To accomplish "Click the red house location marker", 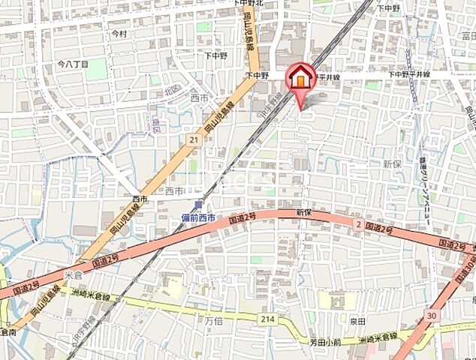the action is point(300,78).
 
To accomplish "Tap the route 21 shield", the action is point(194,139).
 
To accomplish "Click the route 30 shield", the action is point(432,316).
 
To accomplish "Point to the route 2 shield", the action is point(358,224).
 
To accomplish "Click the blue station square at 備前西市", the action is point(198,205).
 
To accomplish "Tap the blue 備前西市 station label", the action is point(198,217).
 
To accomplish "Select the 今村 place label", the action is point(119,34).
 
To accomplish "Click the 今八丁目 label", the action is point(73,64).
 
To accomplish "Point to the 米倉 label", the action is point(72,274).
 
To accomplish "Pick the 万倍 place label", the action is point(215,320).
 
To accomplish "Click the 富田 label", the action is point(467,35).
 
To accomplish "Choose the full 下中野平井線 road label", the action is point(408,74).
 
